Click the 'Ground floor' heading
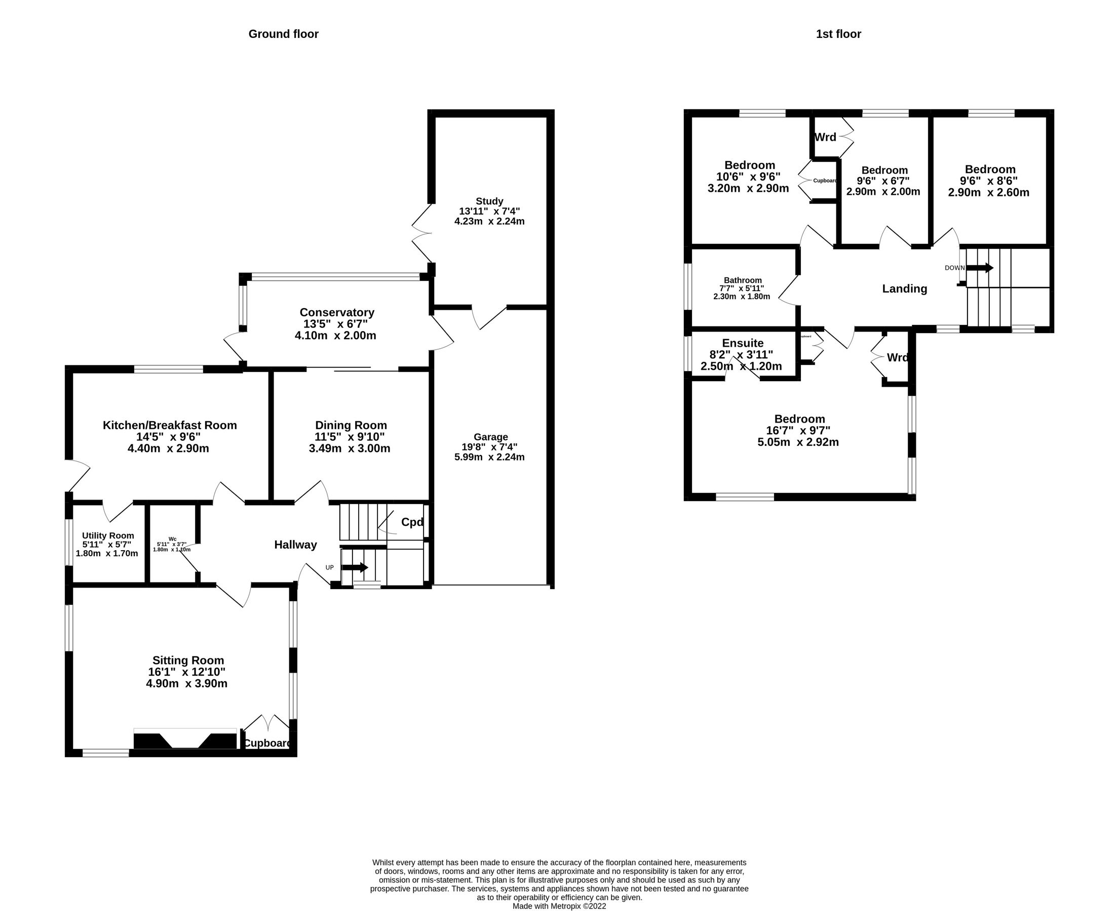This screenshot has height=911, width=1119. (283, 34)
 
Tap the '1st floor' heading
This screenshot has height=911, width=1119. (838, 34)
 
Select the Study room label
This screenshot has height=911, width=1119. (489, 201)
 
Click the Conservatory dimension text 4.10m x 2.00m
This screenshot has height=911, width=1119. (335, 336)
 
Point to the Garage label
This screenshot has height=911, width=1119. (490, 437)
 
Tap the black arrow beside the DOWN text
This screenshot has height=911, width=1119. (980, 268)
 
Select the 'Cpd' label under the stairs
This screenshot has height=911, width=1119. (412, 522)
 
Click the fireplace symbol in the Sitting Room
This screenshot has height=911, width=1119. (185, 740)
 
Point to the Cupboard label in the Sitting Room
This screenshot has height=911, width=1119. (267, 743)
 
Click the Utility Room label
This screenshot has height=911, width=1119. (108, 535)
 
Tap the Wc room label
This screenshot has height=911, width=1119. (172, 539)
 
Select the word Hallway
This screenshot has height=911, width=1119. (295, 545)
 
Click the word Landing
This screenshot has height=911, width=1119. (904, 288)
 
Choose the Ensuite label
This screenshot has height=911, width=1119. (742, 343)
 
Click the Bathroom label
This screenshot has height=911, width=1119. (742, 280)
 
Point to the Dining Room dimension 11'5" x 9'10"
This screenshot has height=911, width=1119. (350, 437)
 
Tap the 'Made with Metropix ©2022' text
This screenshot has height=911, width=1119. (559, 906)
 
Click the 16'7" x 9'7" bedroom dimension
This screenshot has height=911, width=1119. (798, 430)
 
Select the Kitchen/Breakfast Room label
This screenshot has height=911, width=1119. (170, 425)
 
